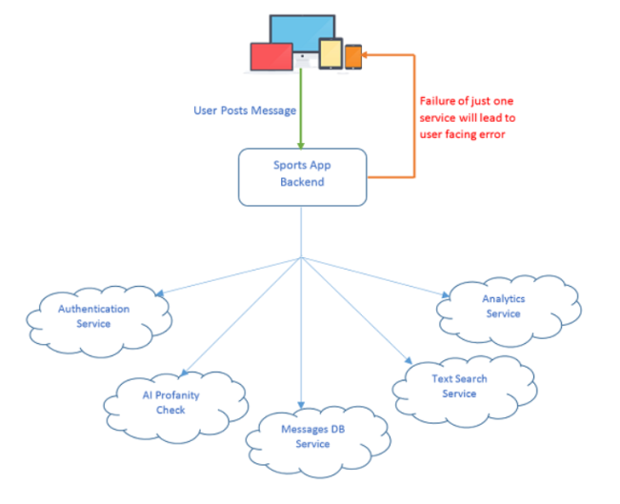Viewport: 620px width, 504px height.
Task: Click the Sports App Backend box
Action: pos(303,177)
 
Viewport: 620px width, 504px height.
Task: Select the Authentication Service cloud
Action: pos(94,316)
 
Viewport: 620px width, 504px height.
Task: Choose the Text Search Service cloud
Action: pos(459,386)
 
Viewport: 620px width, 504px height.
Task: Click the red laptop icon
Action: pos(270,56)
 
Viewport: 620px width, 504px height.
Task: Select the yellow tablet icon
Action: pos(330,53)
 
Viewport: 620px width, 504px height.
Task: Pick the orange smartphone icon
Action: pos(353,56)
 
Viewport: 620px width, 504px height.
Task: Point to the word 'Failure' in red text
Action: pos(439,100)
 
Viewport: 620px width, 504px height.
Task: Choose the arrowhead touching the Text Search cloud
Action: pos(408,363)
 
